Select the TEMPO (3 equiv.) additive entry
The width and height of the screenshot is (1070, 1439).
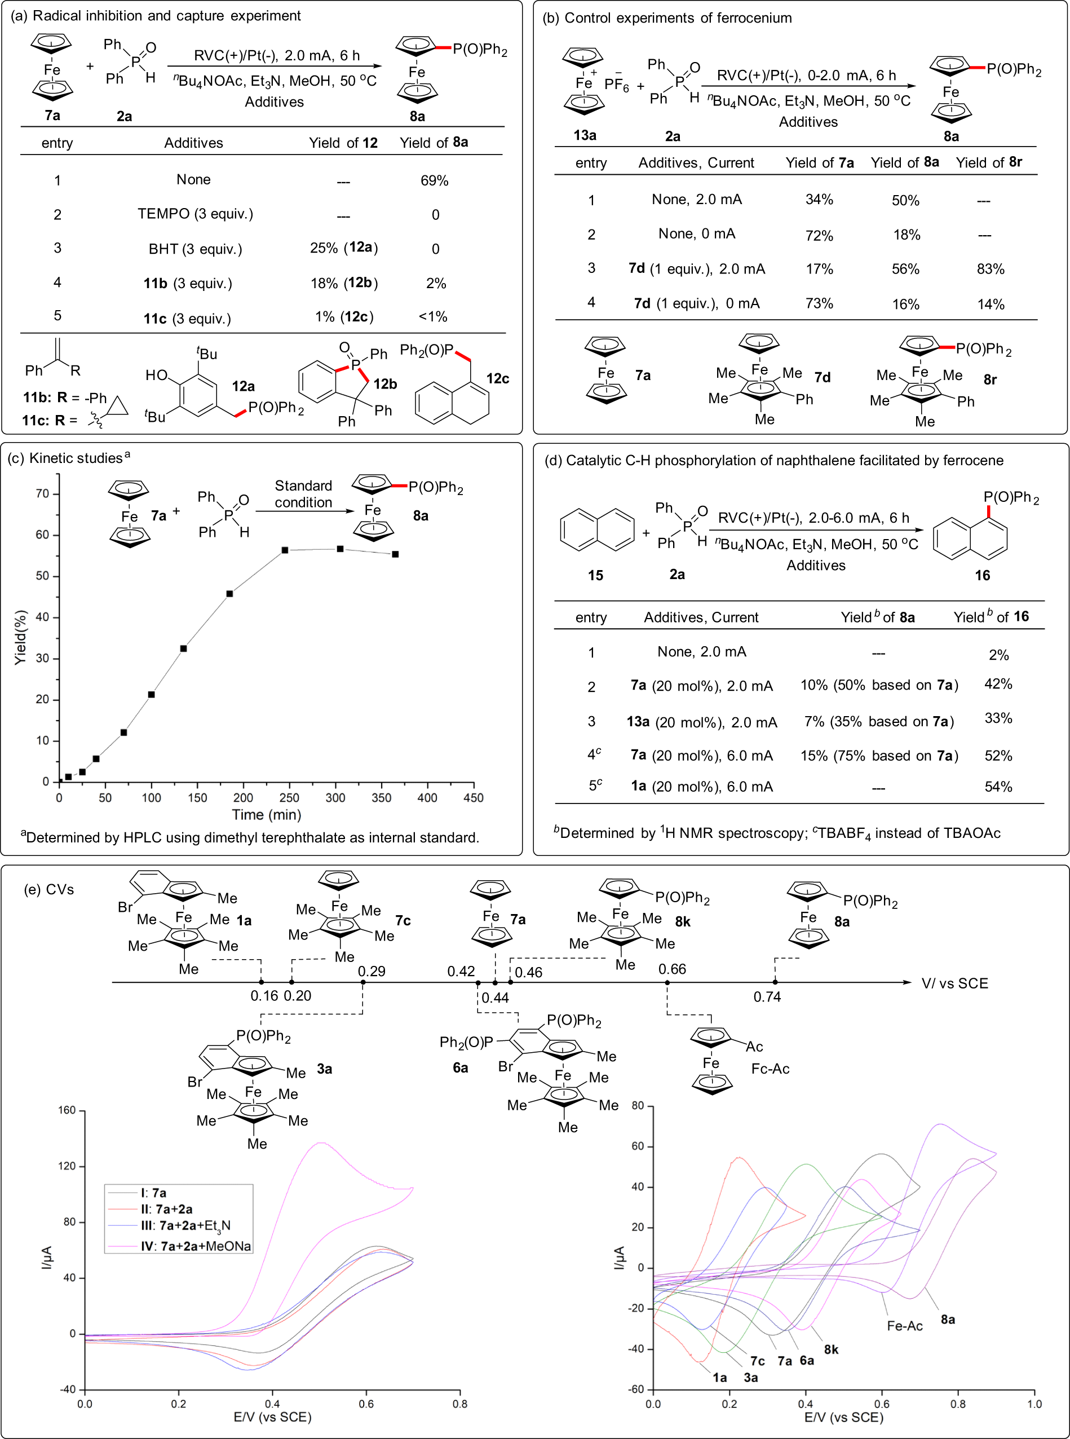195,214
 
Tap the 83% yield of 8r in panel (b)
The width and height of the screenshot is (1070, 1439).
991,269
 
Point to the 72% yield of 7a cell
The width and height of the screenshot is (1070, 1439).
819,235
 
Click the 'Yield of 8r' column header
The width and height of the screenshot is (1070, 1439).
988,162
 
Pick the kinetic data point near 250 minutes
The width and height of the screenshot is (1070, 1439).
285,550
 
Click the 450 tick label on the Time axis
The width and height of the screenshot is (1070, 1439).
474,797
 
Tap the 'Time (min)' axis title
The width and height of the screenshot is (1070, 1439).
266,814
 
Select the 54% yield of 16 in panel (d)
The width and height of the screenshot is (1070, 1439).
997,787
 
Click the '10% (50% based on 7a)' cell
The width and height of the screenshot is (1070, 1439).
879,686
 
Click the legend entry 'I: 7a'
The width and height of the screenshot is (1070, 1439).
153,1193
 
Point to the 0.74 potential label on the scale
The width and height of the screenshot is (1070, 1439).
767,996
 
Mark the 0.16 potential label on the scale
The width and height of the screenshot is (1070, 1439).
264,996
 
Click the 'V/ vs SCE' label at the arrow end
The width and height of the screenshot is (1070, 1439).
954,983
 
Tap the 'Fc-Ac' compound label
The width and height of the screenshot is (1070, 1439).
770,1069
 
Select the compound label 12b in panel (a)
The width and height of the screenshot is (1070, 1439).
384,384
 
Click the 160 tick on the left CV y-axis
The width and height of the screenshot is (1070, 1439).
67,1110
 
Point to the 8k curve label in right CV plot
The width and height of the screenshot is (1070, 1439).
831,1349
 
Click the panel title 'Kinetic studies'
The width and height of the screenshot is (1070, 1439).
76,458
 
